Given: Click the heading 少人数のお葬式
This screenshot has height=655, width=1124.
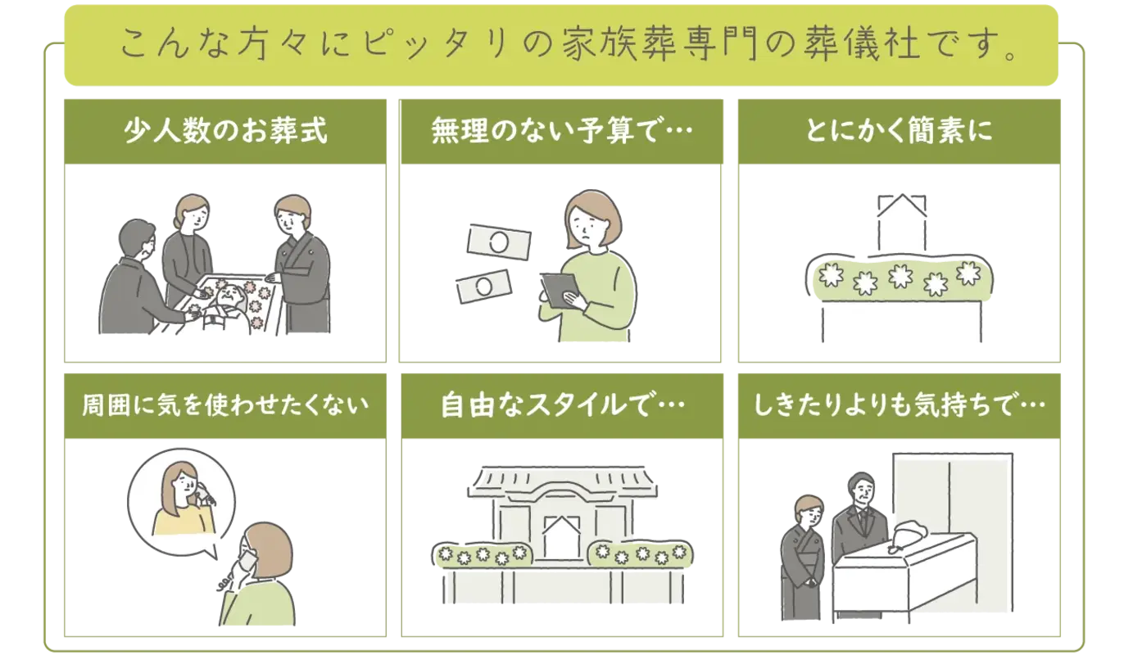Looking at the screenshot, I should point(225,131).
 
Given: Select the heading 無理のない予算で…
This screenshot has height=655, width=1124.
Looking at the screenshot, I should point(557,131).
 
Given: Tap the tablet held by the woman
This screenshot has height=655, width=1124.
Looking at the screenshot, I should point(560,291).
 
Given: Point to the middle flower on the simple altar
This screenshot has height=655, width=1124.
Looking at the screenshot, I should point(900,278).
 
